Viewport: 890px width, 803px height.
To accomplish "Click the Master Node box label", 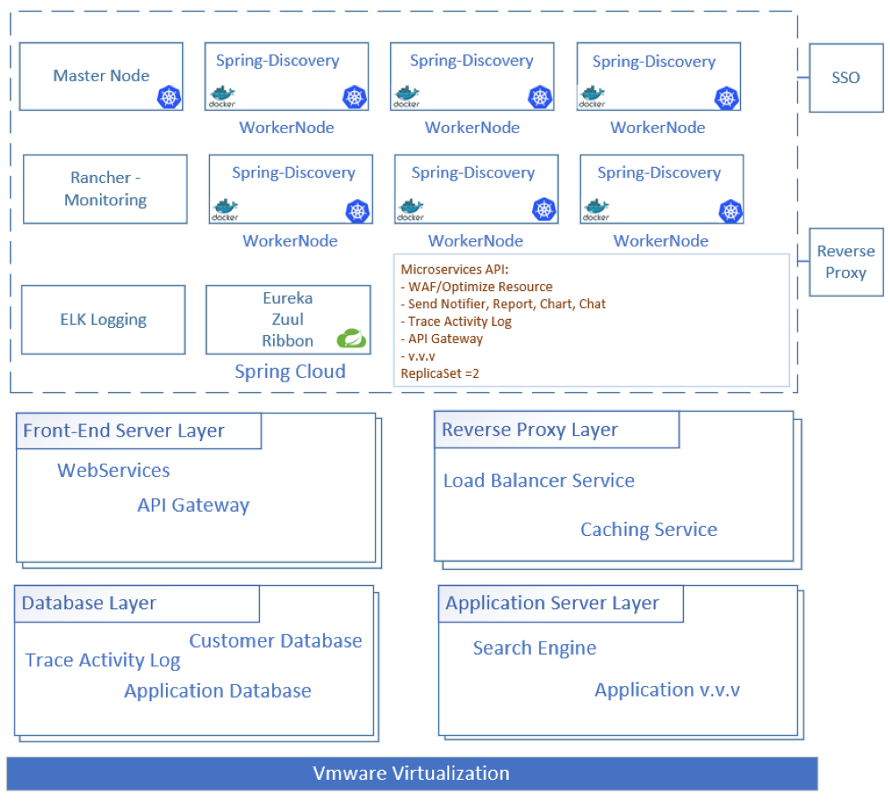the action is tap(101, 76).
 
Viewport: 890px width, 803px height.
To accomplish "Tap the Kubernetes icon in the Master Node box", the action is tap(169, 97).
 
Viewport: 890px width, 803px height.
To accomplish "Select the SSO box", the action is tap(845, 78).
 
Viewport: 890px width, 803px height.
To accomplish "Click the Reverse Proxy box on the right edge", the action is tap(845, 262).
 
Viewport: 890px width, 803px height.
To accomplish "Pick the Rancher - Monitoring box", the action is tap(105, 189).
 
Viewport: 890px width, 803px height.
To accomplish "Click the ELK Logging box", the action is tap(104, 320).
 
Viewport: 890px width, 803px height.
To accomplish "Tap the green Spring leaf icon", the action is tap(352, 339).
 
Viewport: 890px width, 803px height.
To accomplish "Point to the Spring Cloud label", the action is tap(290, 372).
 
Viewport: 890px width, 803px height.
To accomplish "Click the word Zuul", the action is tap(287, 319).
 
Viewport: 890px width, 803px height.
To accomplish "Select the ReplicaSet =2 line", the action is tap(440, 373).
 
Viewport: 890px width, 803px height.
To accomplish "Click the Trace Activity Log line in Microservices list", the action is tap(456, 322).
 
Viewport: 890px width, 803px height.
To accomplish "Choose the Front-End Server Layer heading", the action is tap(124, 431).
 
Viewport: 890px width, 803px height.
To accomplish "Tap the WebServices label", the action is tap(113, 470).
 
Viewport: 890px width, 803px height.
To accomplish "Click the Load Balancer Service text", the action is tap(538, 481).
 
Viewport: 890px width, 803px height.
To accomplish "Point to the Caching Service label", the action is tap(649, 530).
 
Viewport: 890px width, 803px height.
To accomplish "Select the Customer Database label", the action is tap(275, 640).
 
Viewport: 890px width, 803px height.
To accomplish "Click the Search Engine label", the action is tap(535, 648).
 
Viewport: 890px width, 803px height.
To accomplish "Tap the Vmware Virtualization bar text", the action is tap(412, 774).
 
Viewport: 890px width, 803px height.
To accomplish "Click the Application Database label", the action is tap(218, 690).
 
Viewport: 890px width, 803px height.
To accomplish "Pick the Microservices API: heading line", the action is tap(454, 269).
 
